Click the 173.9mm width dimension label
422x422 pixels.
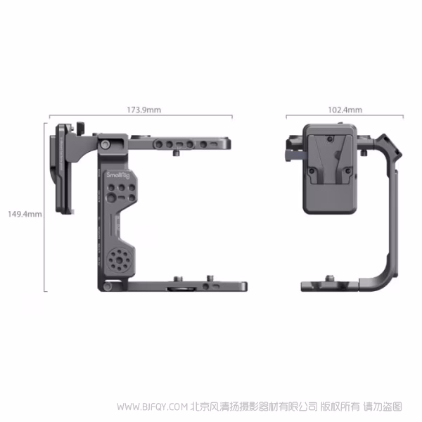tap(143, 110)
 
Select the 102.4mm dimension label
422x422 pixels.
tap(345, 110)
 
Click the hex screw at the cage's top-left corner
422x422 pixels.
tap(106, 144)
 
